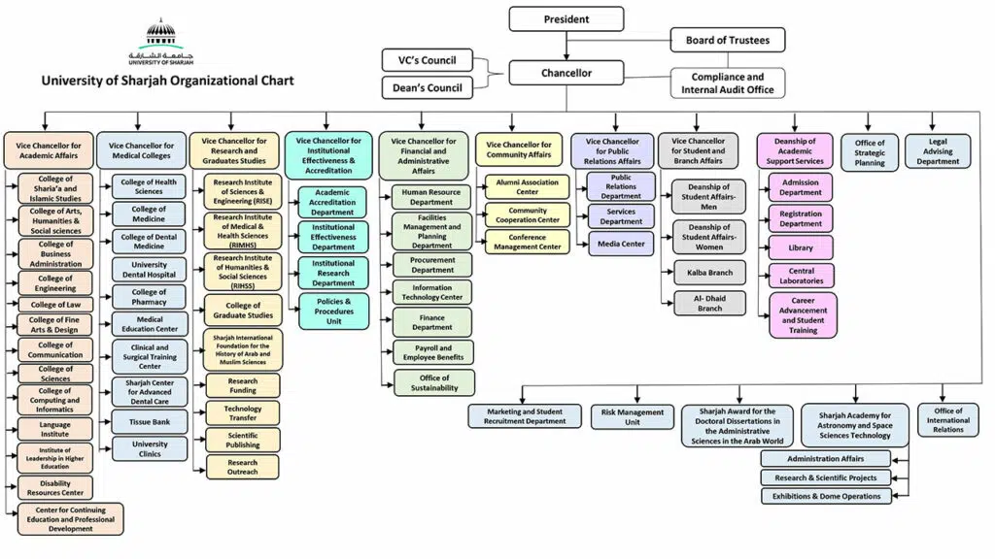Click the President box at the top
pyautogui.click(x=566, y=19)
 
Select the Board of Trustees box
pyautogui.click(x=728, y=40)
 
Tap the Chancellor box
pyautogui.click(x=566, y=73)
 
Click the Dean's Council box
pyautogui.click(x=427, y=88)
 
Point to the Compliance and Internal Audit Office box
pyautogui.click(x=728, y=83)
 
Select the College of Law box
pyautogui.click(x=55, y=304)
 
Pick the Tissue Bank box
pyautogui.click(x=150, y=421)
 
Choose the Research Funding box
pyautogui.click(x=243, y=386)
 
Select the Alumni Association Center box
pyautogui.click(x=528, y=186)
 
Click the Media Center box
pyautogui.click(x=621, y=244)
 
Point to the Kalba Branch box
pyautogui.click(x=709, y=272)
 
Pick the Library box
pyautogui.click(x=801, y=247)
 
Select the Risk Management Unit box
pyautogui.click(x=633, y=417)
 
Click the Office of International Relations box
pyautogui.click(x=947, y=419)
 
